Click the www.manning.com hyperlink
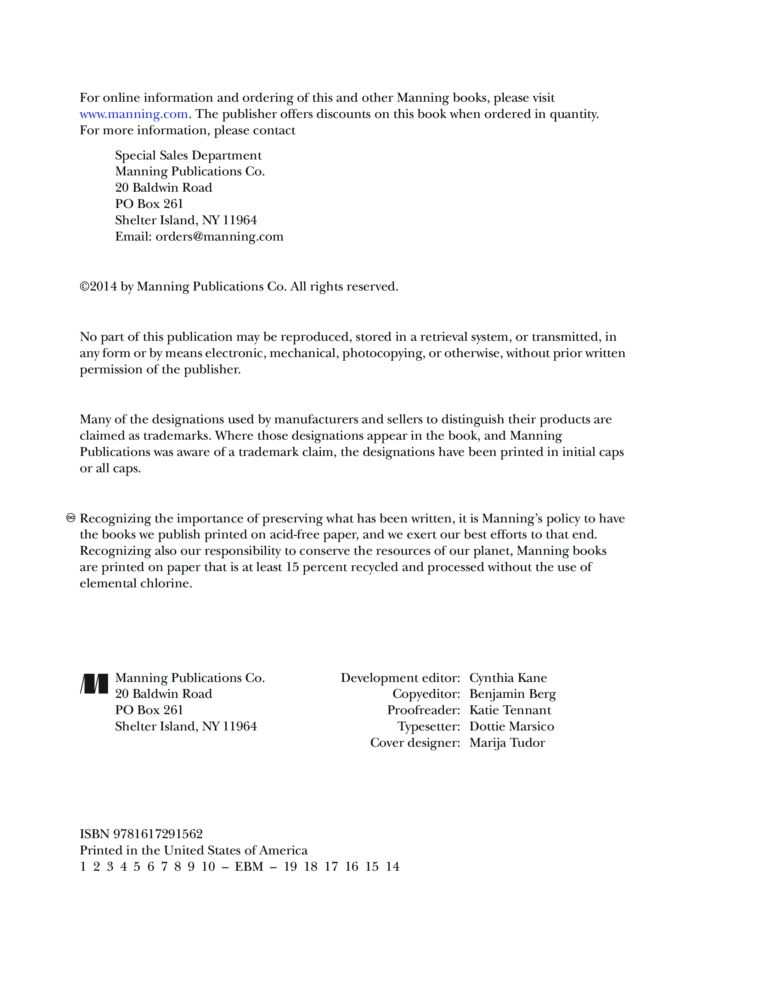134,114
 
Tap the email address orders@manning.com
219,237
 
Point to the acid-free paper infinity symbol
71,518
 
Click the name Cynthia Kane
508,678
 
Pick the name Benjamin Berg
512,694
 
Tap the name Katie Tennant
510,710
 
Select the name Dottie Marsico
511,727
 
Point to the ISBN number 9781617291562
158,834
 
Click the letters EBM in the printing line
249,867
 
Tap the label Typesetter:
428,727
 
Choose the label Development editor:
400,678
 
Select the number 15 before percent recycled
292,567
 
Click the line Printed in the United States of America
193,850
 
